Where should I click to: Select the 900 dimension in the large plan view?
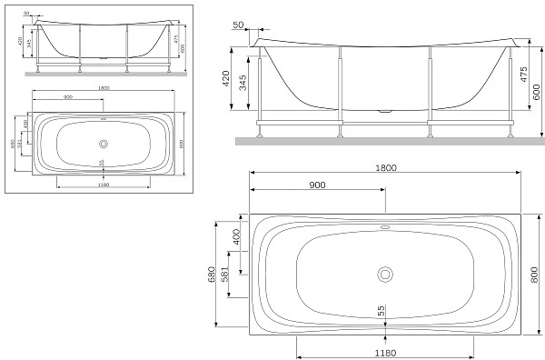317,185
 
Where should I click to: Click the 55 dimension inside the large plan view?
382,310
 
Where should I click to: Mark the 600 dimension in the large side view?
538,91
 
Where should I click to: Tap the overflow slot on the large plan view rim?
384,228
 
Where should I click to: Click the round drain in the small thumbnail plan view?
103,143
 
